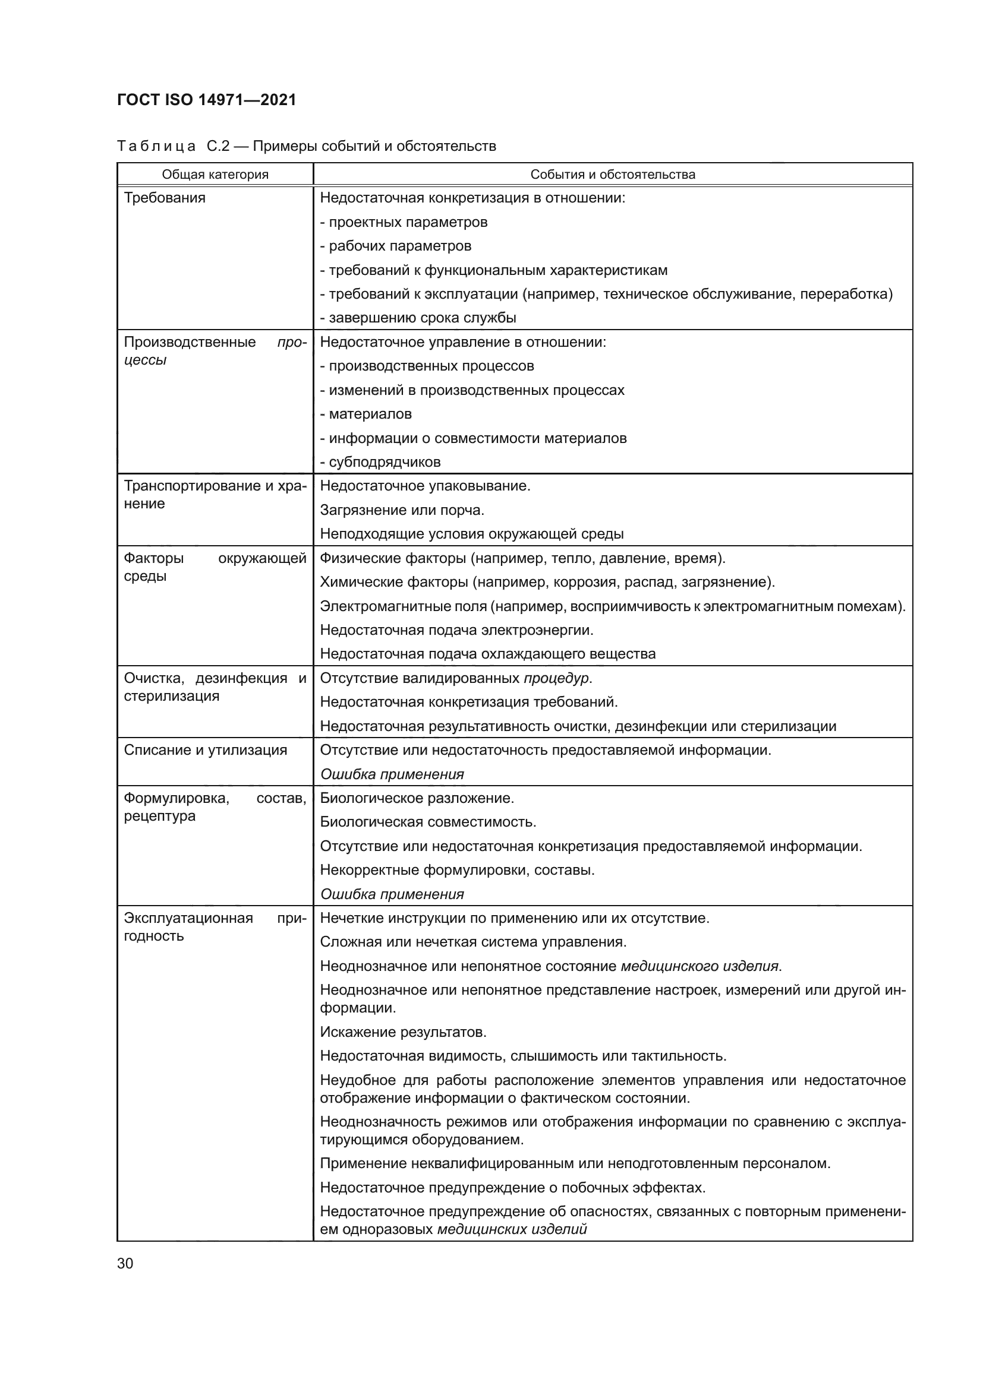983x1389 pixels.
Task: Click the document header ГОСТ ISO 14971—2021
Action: [206, 100]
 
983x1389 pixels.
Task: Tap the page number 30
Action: [125, 1263]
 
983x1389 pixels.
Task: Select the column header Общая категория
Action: [215, 175]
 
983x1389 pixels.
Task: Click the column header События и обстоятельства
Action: [613, 175]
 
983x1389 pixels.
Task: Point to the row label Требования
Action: [165, 198]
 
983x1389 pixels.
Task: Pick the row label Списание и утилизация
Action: [205, 750]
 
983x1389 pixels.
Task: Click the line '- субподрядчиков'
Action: [380, 462]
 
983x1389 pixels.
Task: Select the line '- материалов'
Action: [366, 414]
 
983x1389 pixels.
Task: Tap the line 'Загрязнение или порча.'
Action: [402, 510]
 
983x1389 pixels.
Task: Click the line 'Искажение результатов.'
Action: [403, 1032]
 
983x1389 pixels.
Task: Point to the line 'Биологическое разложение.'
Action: [417, 798]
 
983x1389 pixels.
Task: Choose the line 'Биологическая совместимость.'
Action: [428, 822]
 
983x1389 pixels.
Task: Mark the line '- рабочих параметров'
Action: [395, 246]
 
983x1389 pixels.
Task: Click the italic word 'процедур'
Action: [556, 678]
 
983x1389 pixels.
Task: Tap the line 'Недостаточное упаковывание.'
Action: [425, 486]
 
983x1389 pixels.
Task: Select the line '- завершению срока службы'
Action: [418, 318]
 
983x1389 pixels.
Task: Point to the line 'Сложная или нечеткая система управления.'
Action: [472, 942]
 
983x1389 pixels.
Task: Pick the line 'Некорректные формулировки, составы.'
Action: [457, 870]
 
